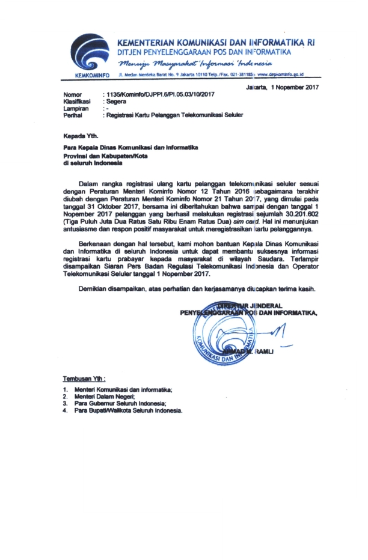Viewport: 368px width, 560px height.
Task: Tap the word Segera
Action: (x=116, y=102)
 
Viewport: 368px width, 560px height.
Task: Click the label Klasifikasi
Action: (x=77, y=102)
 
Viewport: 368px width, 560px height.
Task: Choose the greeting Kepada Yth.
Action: (x=79, y=135)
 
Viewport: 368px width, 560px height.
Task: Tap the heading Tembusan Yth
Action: (x=84, y=379)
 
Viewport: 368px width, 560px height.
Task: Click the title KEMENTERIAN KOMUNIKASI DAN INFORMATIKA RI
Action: (x=215, y=44)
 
